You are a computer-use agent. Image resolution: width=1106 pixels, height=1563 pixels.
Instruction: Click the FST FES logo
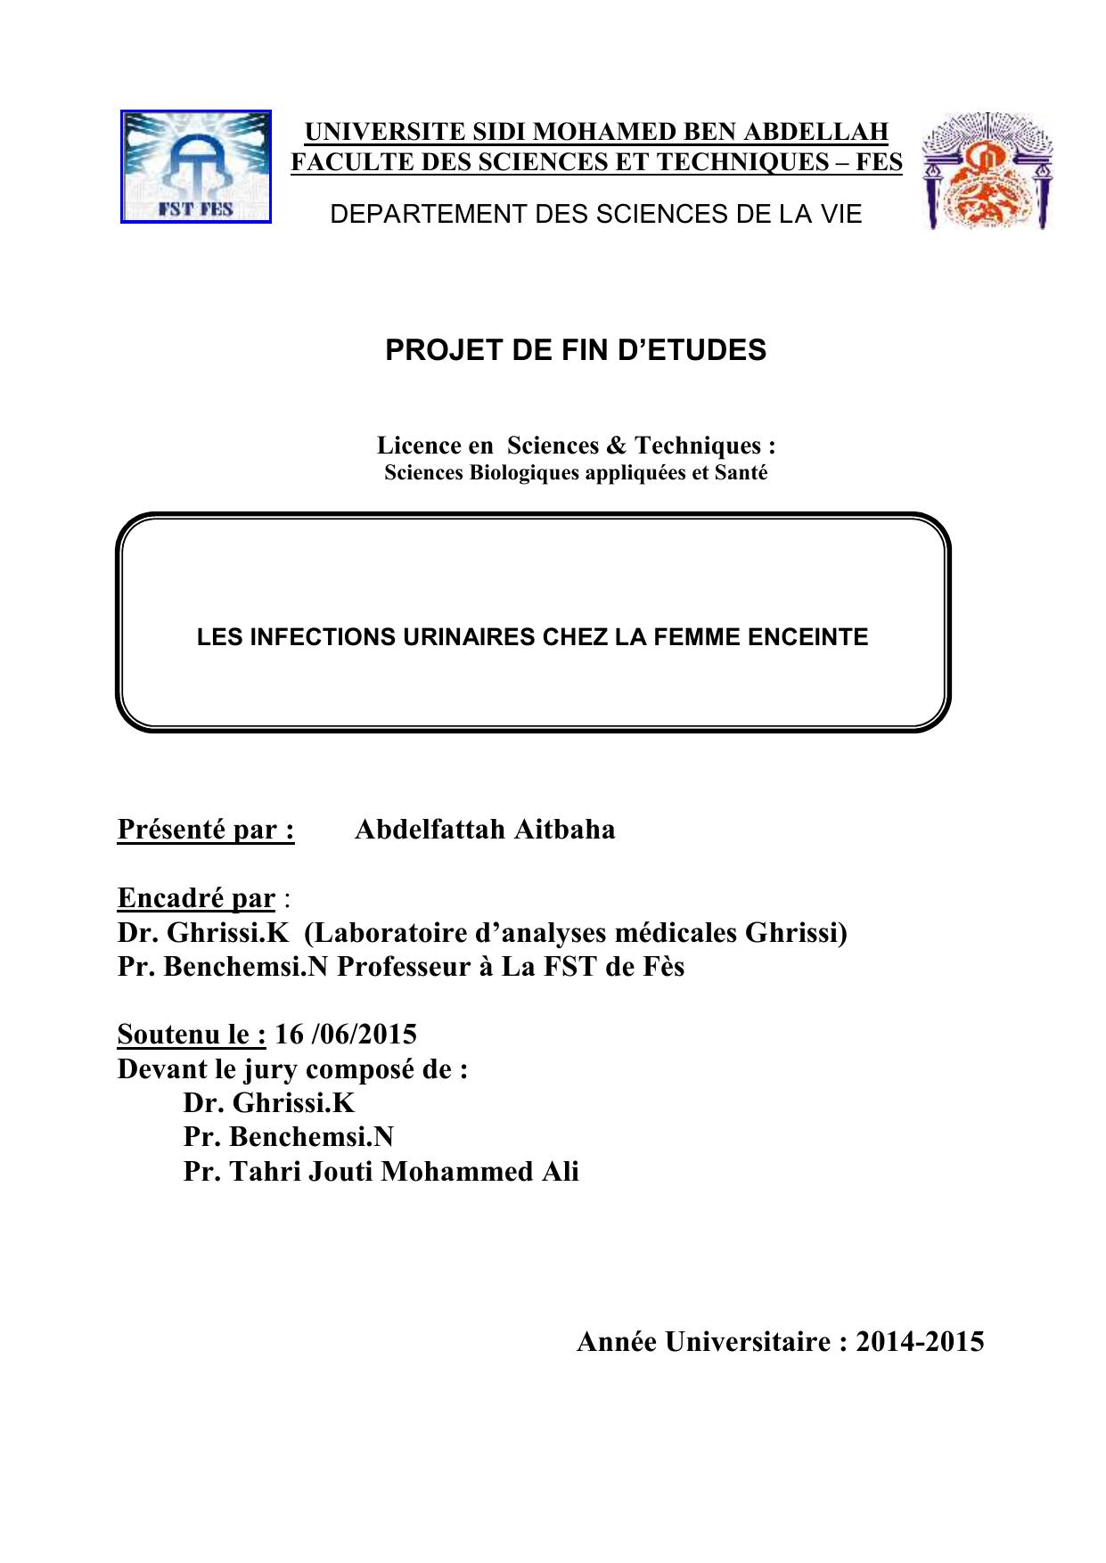point(196,167)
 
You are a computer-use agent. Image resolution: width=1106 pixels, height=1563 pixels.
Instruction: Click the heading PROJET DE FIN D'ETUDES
point(575,350)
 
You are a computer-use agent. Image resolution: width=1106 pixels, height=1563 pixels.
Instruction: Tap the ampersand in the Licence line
point(619,445)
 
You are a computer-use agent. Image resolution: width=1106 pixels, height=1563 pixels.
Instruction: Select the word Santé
point(741,472)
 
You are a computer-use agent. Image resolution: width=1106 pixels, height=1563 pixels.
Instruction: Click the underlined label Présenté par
point(206,830)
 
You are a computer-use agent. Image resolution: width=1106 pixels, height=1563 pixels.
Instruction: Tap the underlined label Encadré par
point(196,898)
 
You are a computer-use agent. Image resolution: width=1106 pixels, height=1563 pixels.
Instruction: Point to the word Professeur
point(403,967)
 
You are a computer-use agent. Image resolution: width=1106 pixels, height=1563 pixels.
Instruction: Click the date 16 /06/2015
point(346,1035)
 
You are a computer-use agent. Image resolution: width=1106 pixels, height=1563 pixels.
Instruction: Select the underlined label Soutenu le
point(192,1035)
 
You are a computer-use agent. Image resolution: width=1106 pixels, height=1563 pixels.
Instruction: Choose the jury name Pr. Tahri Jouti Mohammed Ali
point(381,1171)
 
